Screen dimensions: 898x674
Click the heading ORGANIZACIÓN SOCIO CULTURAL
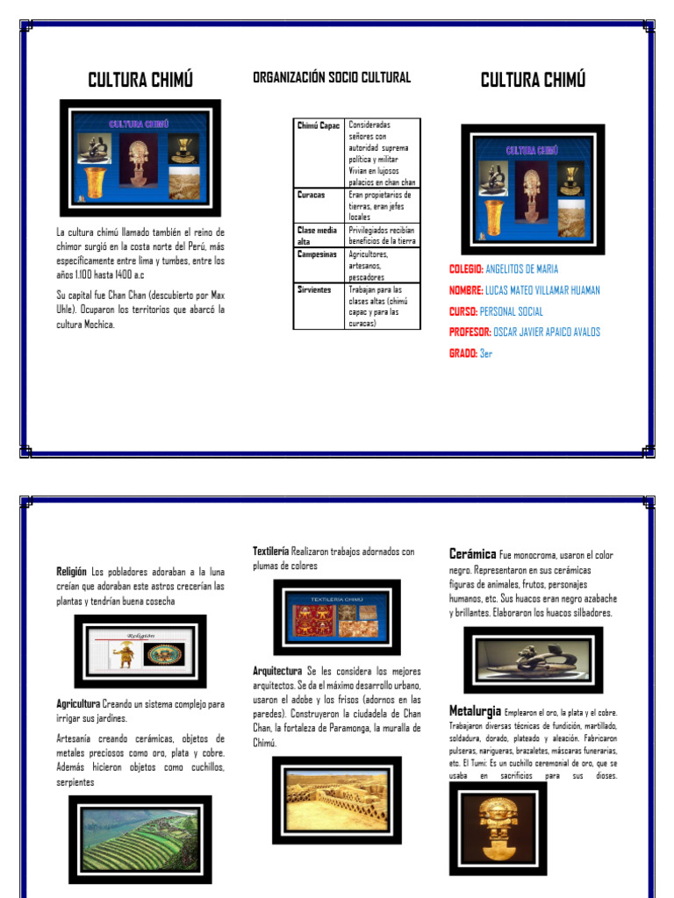(x=331, y=78)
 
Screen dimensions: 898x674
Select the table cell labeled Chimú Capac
(x=318, y=125)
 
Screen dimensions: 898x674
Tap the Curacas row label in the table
(x=311, y=195)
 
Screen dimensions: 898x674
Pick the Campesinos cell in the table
(x=317, y=253)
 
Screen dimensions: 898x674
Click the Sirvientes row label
(x=314, y=289)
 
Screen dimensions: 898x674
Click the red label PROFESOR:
(x=469, y=332)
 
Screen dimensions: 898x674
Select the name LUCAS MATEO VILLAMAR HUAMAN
(x=542, y=290)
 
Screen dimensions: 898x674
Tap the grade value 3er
(x=486, y=353)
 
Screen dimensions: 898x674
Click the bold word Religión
(x=72, y=571)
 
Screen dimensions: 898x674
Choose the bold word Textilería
(x=271, y=552)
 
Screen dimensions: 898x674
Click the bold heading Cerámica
(x=472, y=554)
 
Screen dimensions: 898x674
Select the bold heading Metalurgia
(x=475, y=710)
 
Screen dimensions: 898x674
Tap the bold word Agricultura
(x=78, y=704)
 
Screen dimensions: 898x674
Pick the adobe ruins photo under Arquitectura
(x=336, y=801)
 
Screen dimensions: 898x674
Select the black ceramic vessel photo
(x=534, y=659)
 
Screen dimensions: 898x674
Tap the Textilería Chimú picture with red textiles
(x=337, y=616)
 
